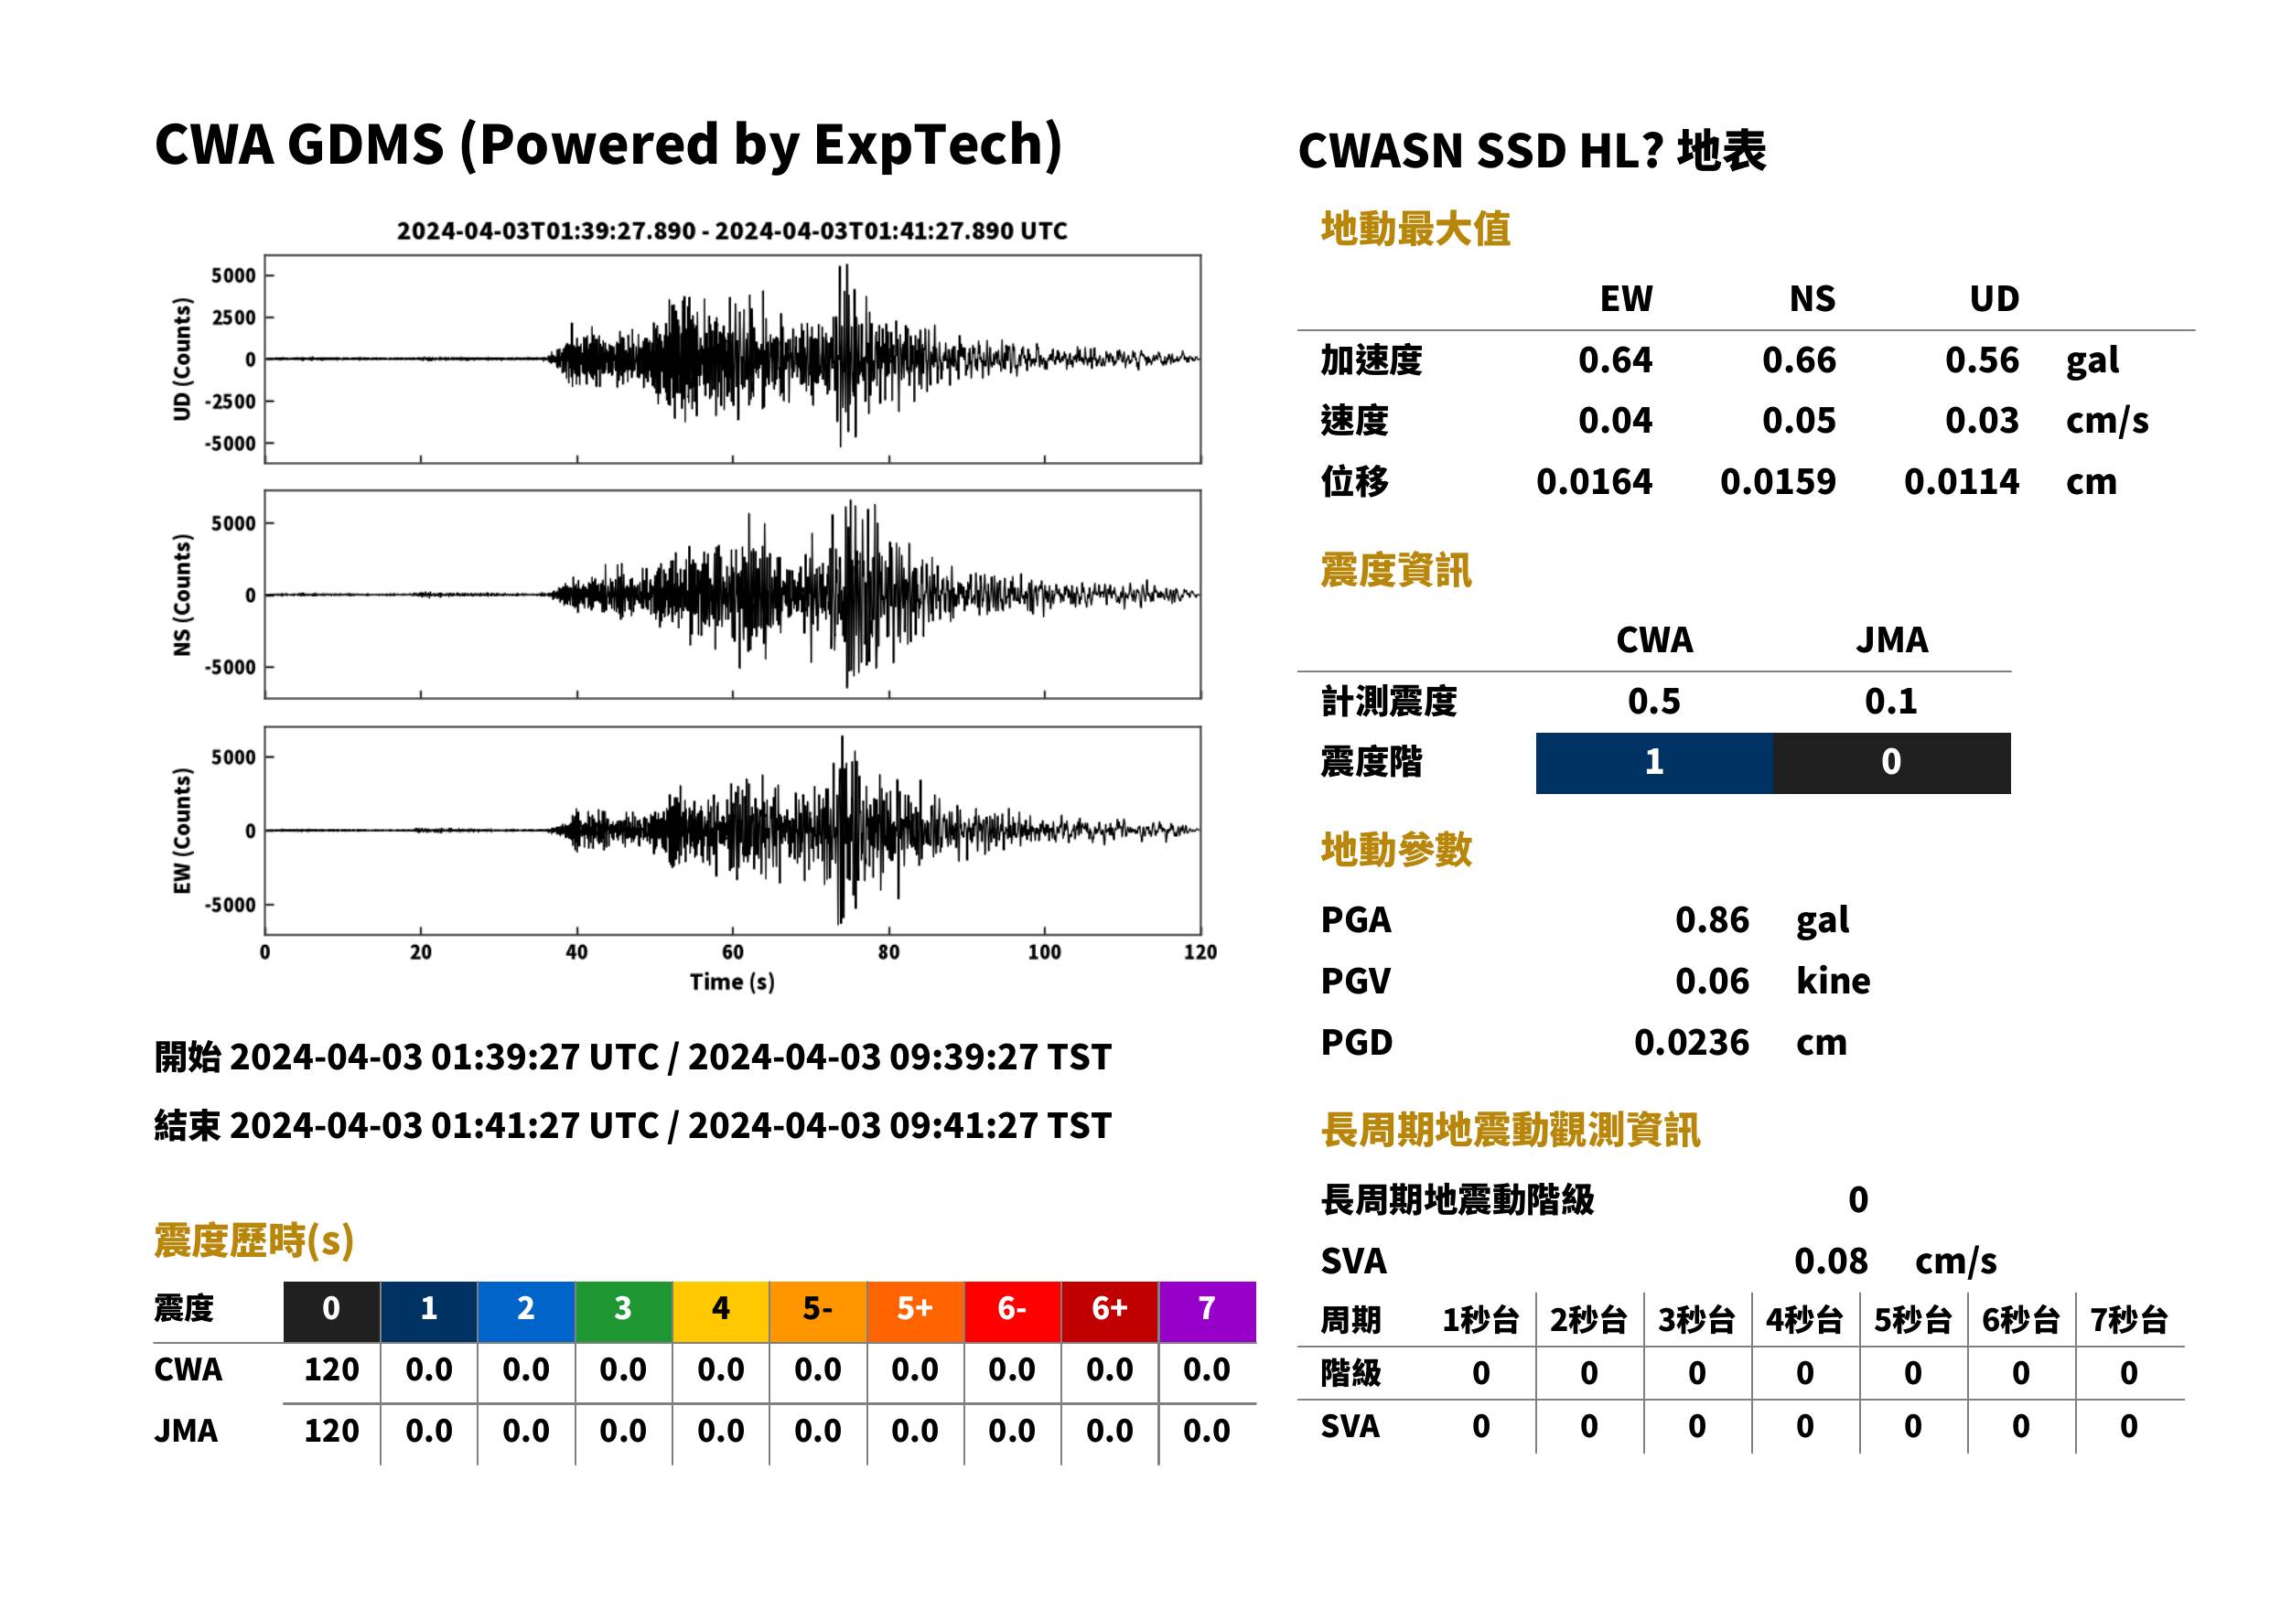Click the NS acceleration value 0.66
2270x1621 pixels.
click(x=1798, y=360)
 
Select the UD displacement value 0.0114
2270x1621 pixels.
click(x=1961, y=482)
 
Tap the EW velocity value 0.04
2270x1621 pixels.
click(x=1614, y=421)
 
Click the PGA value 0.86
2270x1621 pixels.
click(x=1712, y=920)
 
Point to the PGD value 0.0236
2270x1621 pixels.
click(x=1691, y=1043)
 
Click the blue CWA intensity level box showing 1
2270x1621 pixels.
click(x=1654, y=764)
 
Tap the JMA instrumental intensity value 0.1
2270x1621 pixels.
click(x=1890, y=702)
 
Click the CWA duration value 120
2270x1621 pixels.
click(x=331, y=1370)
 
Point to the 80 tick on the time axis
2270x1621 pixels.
click(x=888, y=952)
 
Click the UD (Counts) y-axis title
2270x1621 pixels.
click(x=182, y=360)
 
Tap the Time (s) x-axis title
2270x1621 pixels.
click(x=732, y=982)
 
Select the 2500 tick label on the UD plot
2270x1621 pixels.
click(x=233, y=317)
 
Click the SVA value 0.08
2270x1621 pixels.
click(x=1831, y=1261)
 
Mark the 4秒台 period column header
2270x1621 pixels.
click(x=1803, y=1321)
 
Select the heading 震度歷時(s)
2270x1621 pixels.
click(x=253, y=1240)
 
